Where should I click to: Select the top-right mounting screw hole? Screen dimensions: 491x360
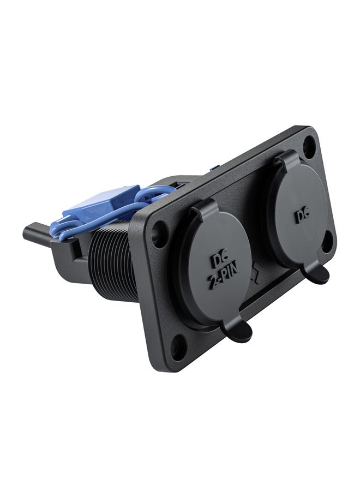309,146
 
